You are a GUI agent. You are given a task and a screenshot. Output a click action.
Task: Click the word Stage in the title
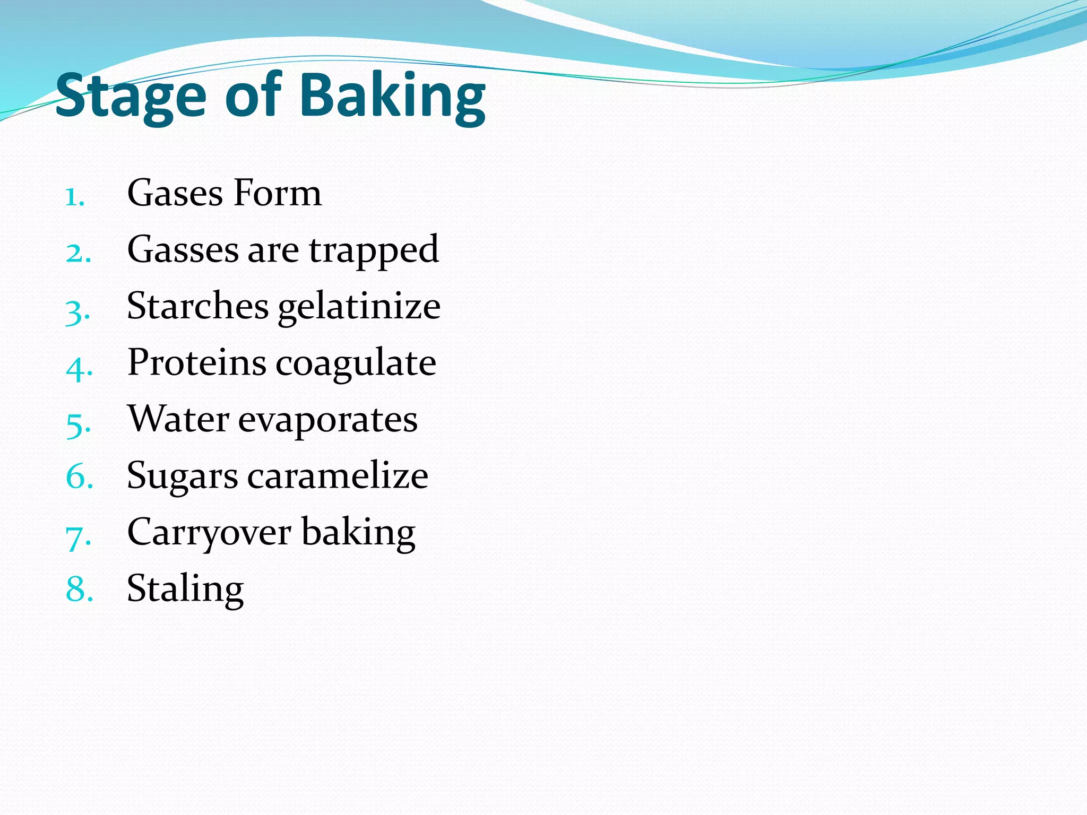(130, 97)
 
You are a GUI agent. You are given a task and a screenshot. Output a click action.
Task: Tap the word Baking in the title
(392, 97)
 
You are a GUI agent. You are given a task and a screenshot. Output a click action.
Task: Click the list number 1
(75, 197)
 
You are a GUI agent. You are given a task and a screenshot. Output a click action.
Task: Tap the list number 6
(79, 476)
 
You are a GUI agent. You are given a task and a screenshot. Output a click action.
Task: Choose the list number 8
(79, 589)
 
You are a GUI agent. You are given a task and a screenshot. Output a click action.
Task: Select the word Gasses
(183, 249)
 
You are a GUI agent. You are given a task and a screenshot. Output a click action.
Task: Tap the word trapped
(374, 250)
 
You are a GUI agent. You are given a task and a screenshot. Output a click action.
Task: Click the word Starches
(197, 306)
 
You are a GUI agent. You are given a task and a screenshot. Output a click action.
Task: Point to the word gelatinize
(359, 308)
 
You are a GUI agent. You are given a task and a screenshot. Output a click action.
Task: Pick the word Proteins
(197, 363)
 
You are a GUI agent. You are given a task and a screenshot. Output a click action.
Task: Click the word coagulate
(356, 365)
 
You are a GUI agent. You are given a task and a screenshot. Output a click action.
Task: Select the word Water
(178, 420)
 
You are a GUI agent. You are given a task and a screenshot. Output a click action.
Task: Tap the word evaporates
(327, 421)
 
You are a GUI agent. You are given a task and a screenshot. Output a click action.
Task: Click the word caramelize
(338, 476)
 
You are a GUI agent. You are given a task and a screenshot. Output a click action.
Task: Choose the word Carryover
(209, 533)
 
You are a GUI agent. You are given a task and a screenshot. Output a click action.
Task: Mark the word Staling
(185, 589)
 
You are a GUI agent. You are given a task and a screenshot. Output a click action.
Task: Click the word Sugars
(182, 477)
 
